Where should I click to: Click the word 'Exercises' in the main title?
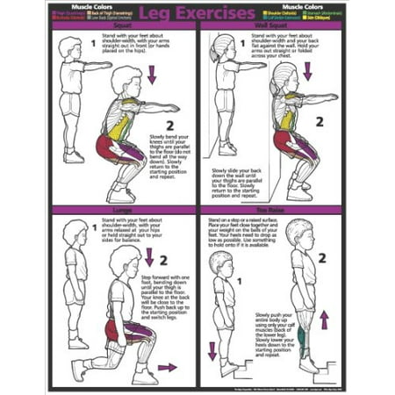[219, 14]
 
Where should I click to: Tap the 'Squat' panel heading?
[125, 26]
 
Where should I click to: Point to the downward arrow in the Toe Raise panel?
[212, 352]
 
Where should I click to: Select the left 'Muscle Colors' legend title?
[78, 6]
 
